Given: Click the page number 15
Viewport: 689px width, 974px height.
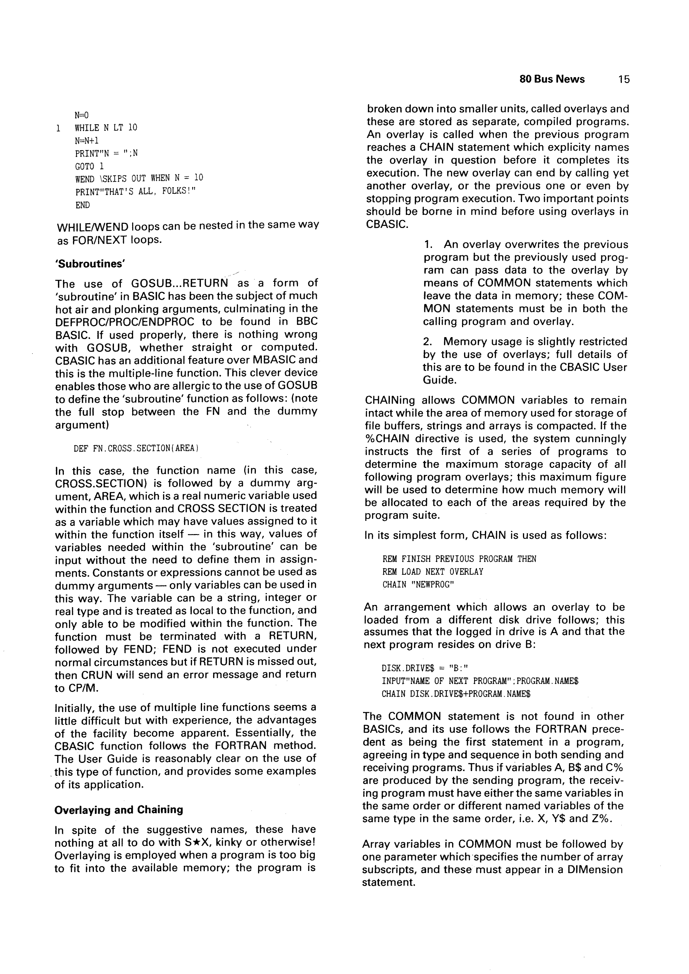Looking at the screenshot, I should [x=624, y=79].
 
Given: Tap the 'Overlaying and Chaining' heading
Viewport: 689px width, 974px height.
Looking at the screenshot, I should [x=119, y=810].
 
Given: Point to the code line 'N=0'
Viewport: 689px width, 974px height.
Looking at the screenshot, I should [x=82, y=115].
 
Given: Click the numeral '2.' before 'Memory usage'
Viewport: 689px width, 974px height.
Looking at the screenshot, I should [x=428, y=342].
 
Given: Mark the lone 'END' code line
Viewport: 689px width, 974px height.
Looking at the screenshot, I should [x=82, y=205].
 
